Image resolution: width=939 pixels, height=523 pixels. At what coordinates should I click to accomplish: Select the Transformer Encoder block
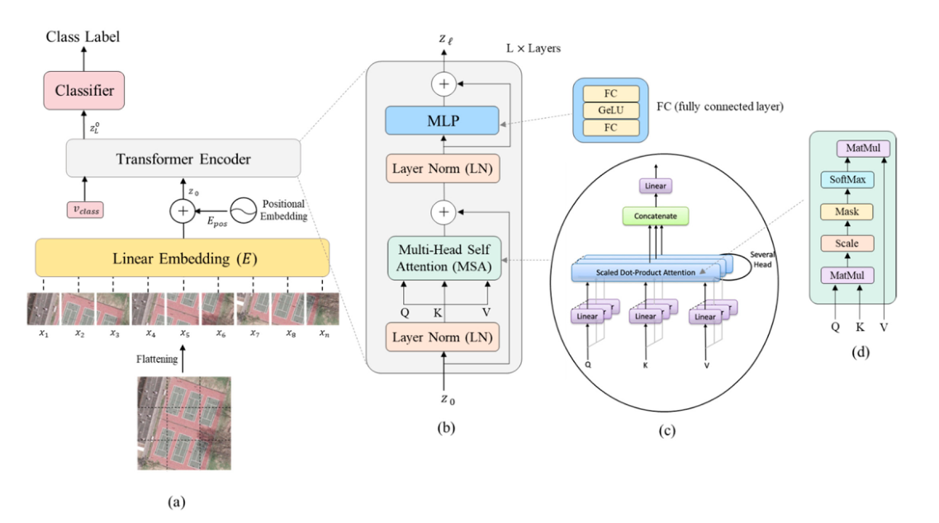[183, 159]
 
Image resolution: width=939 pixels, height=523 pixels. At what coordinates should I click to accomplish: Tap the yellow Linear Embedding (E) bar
[183, 257]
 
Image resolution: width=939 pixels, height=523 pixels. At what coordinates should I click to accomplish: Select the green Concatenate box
[654, 217]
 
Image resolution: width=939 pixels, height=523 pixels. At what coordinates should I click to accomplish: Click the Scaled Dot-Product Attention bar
[640, 271]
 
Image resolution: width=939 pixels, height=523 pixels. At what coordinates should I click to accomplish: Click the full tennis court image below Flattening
[183, 422]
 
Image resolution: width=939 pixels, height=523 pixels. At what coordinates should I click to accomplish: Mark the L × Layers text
[534, 49]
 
